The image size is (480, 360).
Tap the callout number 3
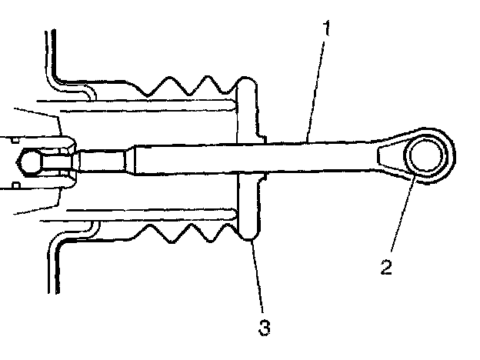[265, 329]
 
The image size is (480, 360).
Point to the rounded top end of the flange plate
[246, 84]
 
